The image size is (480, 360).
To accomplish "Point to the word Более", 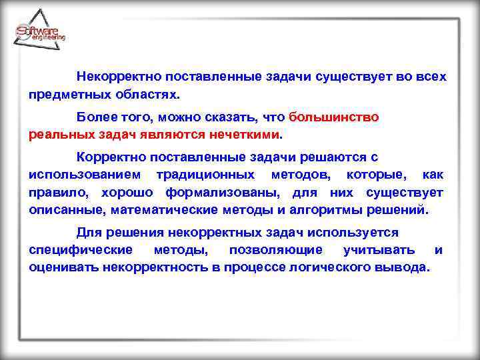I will (x=96, y=117).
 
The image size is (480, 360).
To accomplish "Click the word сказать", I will (x=229, y=117).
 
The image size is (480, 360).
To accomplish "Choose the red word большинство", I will (x=334, y=117).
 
